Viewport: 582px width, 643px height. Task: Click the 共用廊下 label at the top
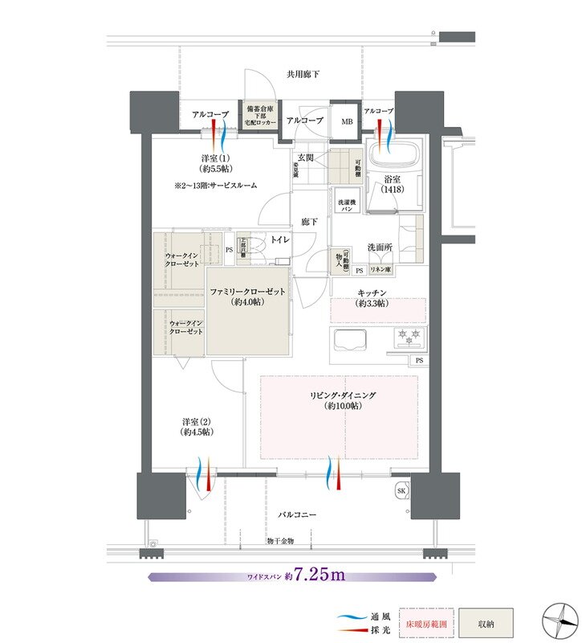tap(303, 75)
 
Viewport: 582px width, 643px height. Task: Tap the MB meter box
tap(347, 121)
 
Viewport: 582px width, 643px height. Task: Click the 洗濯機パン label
tap(346, 204)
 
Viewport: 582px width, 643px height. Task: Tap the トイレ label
tap(280, 240)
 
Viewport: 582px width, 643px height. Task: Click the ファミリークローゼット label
tap(248, 296)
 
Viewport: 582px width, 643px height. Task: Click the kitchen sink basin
tap(349, 340)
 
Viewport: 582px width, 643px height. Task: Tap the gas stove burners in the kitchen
tap(407, 338)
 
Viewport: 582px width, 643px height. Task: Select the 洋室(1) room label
tap(215, 163)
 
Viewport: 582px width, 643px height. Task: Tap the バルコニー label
tap(297, 513)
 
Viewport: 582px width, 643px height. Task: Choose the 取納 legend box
tap(485, 622)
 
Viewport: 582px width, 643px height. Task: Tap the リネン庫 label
tap(381, 270)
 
